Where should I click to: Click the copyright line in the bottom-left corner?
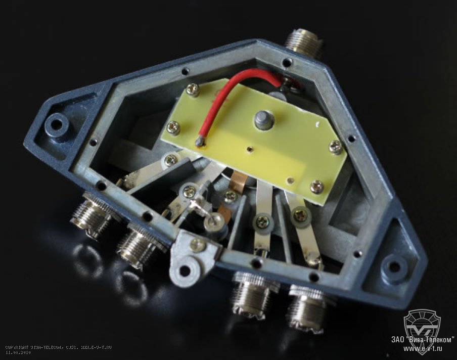[58, 347]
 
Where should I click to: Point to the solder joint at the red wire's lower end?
[202, 141]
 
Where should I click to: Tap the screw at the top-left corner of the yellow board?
[192, 90]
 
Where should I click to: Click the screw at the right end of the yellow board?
[335, 147]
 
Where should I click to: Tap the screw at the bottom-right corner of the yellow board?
[317, 186]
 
